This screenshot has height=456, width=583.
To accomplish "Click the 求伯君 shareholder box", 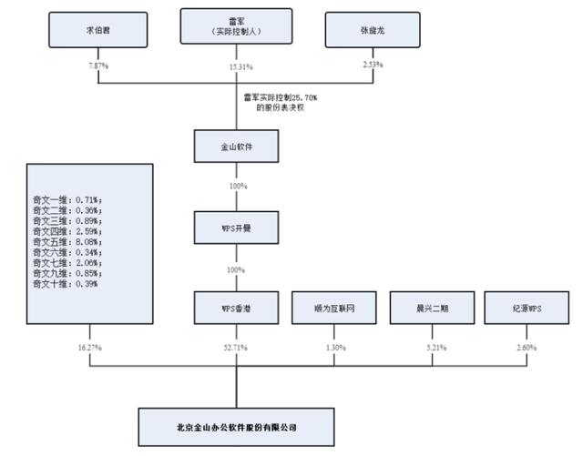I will coord(86,30).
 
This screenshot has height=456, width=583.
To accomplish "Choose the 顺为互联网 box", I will coord(328,308).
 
